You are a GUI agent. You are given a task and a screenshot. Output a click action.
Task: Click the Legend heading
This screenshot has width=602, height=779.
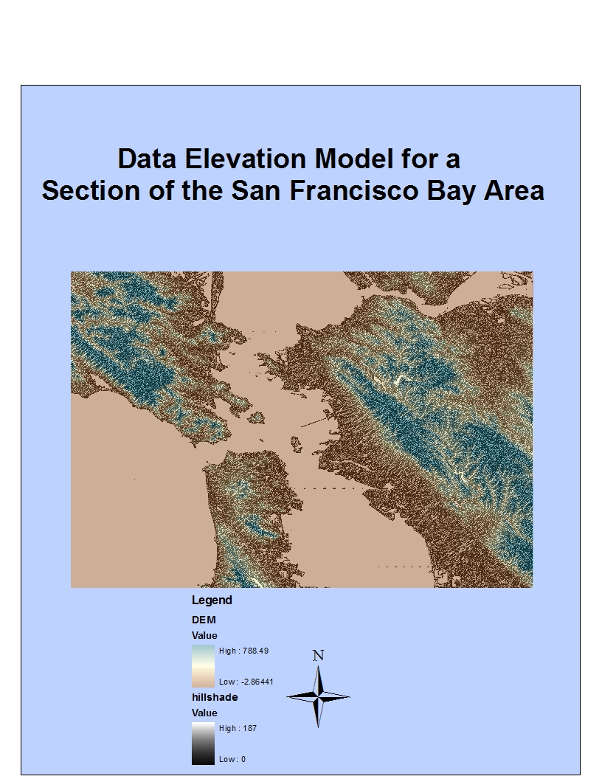pyautogui.click(x=212, y=600)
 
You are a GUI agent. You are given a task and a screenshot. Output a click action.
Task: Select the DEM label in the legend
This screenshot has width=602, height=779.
pyautogui.click(x=204, y=620)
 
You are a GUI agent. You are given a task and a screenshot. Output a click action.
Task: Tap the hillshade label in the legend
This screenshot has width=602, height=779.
pyautogui.click(x=215, y=697)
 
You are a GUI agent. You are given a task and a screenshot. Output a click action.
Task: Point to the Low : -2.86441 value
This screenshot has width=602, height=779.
pyautogui.click(x=246, y=682)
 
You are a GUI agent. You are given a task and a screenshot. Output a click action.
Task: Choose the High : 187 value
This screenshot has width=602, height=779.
pyautogui.click(x=238, y=728)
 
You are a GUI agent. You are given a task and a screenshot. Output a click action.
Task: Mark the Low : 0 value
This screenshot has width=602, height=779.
pyautogui.click(x=232, y=759)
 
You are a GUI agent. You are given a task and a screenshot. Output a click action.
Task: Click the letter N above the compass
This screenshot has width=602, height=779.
pyautogui.click(x=318, y=655)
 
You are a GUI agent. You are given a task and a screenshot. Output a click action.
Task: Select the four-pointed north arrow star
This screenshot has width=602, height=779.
pyautogui.click(x=318, y=696)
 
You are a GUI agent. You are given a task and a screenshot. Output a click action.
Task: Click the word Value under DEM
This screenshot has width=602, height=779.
pyautogui.click(x=204, y=635)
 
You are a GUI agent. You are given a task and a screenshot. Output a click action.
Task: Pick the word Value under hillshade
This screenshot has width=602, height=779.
pyautogui.click(x=204, y=713)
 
